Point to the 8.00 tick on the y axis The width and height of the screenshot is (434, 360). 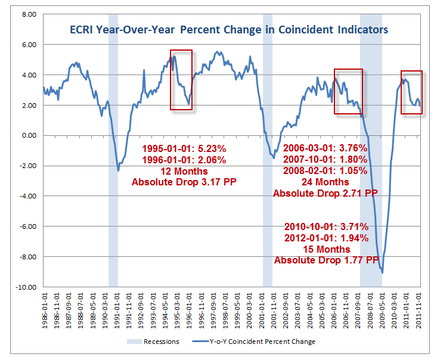[27, 14]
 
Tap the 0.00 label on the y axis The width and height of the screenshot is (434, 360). [27, 135]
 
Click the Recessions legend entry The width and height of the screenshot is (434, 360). [151, 342]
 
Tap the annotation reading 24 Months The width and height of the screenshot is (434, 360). [325, 182]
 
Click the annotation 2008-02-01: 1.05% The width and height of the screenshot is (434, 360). [325, 170]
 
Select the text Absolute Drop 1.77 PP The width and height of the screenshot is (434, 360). [326, 260]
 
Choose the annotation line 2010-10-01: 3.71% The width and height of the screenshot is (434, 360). [326, 227]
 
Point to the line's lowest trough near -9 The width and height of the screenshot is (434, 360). [382, 272]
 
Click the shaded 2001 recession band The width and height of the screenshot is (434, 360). [268, 149]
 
